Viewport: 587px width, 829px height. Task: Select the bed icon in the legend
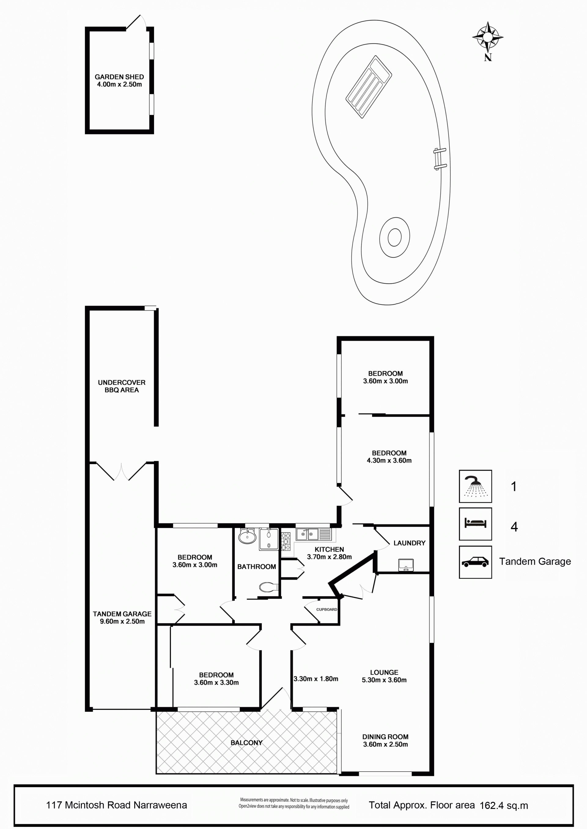(475, 524)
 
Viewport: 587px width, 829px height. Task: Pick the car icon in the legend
(475, 562)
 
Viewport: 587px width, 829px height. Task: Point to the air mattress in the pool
(369, 87)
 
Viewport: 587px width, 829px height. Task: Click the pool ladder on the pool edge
(440, 159)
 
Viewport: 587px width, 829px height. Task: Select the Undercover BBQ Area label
(122, 386)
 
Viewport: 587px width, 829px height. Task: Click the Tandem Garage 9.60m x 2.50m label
(122, 617)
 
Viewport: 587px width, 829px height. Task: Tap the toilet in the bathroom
(268, 587)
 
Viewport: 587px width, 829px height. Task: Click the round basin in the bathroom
(247, 536)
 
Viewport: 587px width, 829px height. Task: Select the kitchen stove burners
(286, 542)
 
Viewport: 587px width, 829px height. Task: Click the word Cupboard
(327, 609)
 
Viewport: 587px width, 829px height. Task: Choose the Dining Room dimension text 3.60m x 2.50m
(386, 744)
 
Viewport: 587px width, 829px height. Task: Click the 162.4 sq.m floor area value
(504, 805)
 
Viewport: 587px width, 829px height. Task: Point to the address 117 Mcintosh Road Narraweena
(116, 805)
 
